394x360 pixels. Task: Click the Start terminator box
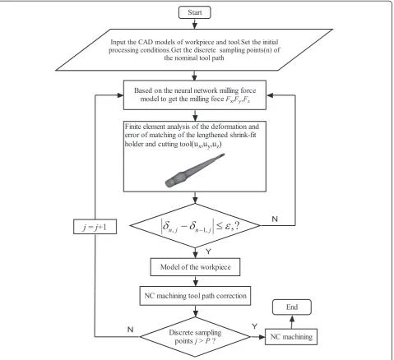coord(195,12)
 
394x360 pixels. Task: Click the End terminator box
coord(292,307)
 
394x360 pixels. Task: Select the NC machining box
coord(291,337)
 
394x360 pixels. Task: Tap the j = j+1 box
coord(95,227)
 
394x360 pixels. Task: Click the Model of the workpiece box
coord(195,267)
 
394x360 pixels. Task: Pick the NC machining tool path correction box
coord(195,296)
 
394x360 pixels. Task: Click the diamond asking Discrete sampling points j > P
coord(195,337)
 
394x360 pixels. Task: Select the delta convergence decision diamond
coord(195,225)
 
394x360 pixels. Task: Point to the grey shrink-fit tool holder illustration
coord(195,170)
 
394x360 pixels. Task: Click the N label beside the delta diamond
coord(275,219)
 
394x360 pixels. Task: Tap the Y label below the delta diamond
coord(208,252)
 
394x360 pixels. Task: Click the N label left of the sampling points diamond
coord(131,330)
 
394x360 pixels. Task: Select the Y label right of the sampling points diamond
coord(255,326)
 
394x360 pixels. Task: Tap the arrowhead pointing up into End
coord(292,318)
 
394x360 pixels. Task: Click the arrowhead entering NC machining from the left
coord(262,337)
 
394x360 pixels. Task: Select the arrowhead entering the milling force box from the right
coord(270,95)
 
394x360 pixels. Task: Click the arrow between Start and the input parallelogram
coord(195,24)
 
